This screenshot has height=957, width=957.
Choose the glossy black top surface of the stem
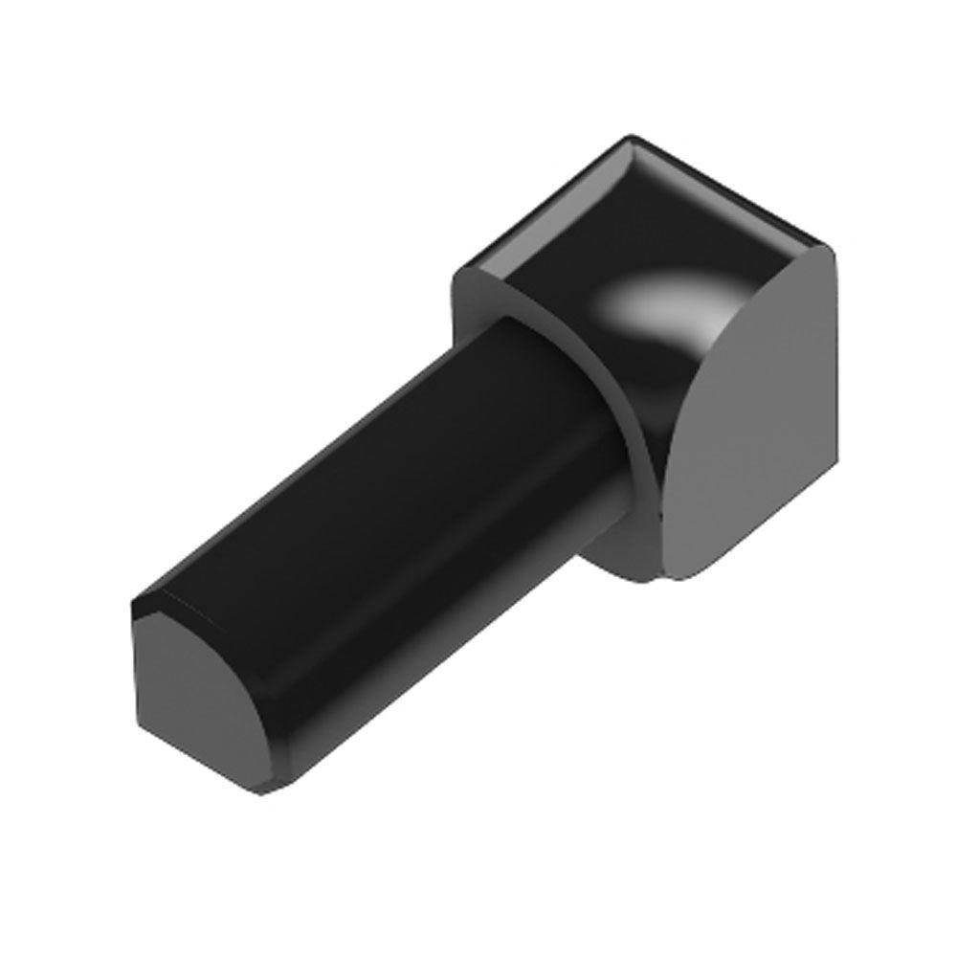pyautogui.click(x=383, y=478)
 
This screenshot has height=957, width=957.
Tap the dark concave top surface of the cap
pyautogui.click(x=574, y=258)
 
